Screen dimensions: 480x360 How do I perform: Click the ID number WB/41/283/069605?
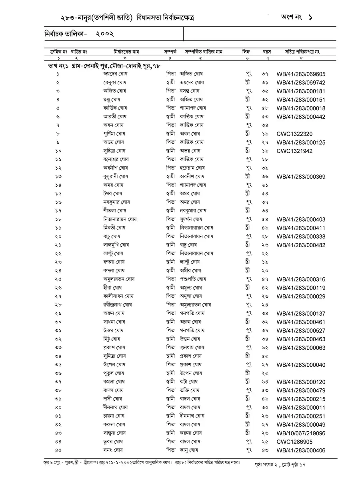[300, 74]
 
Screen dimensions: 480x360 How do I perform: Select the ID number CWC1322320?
[294, 134]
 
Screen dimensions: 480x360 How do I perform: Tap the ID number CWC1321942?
[294, 151]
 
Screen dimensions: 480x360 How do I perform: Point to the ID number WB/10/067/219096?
[300, 433]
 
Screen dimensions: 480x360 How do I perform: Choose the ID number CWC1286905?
[294, 442]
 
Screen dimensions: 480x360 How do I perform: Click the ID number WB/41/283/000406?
[300, 451]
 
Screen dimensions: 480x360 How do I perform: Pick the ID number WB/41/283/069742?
[300, 83]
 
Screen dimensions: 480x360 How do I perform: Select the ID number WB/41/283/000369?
[300, 177]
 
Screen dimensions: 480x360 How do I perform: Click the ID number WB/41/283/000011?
[300, 408]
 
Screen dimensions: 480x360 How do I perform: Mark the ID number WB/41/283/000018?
[300, 108]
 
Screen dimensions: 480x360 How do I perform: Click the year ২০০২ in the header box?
[105, 34]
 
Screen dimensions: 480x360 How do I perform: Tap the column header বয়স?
[267, 52]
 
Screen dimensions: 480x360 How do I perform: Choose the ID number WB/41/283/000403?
[300, 220]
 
